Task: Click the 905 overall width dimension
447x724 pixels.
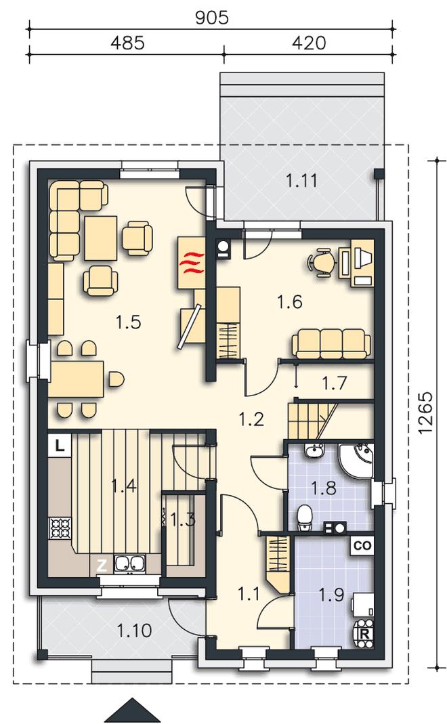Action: [212, 18]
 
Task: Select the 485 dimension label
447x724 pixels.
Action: [127, 43]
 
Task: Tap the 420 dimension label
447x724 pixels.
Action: [309, 43]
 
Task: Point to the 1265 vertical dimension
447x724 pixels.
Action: [426, 412]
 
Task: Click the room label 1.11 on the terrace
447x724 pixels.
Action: [301, 181]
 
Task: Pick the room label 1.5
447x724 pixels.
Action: [129, 322]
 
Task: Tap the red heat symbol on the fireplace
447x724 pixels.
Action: [191, 263]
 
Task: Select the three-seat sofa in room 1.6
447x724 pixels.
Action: [331, 343]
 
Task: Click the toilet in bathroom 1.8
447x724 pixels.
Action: [305, 518]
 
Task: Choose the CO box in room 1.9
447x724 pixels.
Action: [362, 546]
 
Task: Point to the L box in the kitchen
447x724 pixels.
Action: [59, 446]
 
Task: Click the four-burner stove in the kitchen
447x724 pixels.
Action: [60, 528]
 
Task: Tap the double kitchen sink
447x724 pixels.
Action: [129, 563]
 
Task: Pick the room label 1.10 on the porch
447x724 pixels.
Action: [134, 630]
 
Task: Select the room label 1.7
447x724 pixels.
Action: [334, 383]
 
